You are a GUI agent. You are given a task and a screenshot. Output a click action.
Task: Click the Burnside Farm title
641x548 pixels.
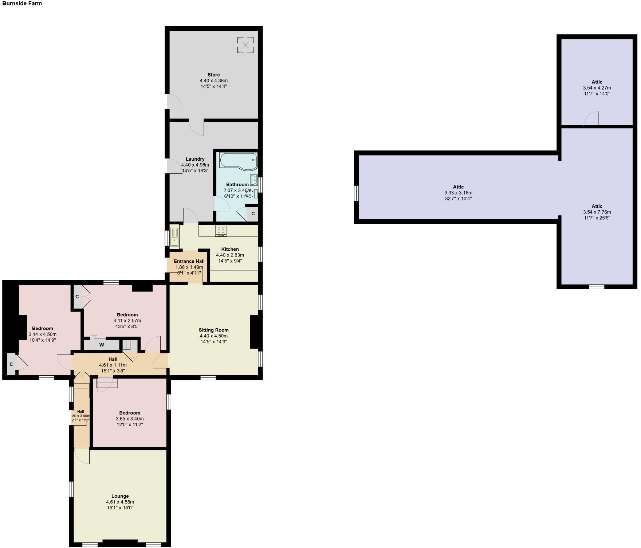tap(22, 4)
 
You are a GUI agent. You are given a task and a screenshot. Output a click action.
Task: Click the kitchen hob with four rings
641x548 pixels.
tap(221, 230)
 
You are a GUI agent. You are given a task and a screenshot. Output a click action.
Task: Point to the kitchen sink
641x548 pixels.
tap(174, 237)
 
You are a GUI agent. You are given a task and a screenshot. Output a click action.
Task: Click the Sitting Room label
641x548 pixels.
tap(213, 330)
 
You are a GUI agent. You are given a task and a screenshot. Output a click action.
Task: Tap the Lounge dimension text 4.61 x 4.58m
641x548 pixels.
tap(120, 502)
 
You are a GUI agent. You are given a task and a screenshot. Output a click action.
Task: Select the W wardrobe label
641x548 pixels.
tap(102, 345)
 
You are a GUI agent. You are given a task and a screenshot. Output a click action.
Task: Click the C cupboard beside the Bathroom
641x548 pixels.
tap(253, 214)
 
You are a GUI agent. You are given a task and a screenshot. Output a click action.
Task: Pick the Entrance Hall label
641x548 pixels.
tap(189, 261)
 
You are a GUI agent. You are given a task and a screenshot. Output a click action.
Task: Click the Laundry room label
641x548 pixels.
tap(195, 159)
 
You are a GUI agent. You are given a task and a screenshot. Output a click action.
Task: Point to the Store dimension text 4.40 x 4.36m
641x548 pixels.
tap(213, 81)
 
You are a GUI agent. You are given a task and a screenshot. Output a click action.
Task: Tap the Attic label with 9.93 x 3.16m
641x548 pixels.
tap(458, 187)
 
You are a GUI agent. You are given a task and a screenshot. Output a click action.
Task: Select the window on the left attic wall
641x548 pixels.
tap(357, 193)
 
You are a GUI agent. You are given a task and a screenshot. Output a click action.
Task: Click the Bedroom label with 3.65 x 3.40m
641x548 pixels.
tap(130, 413)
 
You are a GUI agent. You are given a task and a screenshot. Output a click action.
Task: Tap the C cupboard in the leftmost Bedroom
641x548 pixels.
tap(11, 364)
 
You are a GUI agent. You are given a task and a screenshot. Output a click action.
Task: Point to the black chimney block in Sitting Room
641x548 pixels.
tap(256, 332)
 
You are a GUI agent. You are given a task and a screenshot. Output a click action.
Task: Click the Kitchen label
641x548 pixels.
tap(230, 249)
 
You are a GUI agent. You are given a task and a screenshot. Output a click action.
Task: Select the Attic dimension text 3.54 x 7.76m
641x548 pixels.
tap(597, 212)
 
